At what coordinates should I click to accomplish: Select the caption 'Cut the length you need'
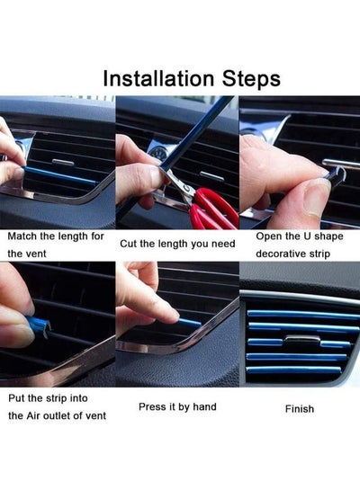coord(177,243)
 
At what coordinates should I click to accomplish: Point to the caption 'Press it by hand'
coord(177,406)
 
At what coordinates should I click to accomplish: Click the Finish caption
coord(299,408)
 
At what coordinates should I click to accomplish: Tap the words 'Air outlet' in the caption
coord(62,415)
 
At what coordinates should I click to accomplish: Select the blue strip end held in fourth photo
coord(38,321)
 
